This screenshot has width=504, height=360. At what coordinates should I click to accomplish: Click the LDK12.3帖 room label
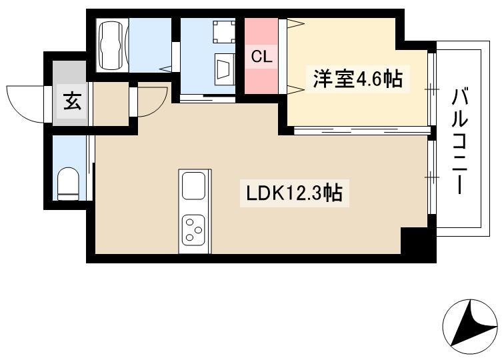(x=294, y=193)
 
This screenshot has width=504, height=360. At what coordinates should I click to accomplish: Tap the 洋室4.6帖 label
(x=357, y=79)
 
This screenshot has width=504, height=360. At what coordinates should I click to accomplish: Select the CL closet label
(x=261, y=57)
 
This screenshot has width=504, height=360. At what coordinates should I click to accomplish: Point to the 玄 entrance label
(x=72, y=101)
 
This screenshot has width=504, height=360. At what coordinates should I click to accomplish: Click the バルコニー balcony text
(x=459, y=141)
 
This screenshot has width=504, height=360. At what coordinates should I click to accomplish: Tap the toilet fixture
(x=68, y=183)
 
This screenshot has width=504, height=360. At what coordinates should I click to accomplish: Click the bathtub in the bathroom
(x=112, y=45)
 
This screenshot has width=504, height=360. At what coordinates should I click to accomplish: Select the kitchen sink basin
(x=193, y=186)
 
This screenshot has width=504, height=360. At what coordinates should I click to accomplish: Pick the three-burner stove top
(x=193, y=229)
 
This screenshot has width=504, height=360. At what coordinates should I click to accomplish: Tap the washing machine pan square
(x=225, y=31)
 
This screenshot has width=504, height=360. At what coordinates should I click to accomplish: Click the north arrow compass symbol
(x=470, y=327)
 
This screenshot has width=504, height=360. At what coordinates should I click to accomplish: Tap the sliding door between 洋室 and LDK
(x=362, y=131)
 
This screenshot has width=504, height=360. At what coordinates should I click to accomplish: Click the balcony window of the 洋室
(x=432, y=89)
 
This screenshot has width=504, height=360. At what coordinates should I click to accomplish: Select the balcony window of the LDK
(x=432, y=177)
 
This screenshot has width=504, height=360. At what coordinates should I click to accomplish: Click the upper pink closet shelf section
(x=261, y=31)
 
